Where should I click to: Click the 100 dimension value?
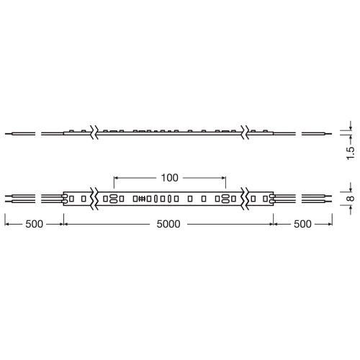tap(170, 177)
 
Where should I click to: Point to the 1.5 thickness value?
tap(350, 152)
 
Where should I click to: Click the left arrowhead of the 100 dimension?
tap(117, 177)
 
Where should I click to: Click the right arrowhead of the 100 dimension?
tap(224, 177)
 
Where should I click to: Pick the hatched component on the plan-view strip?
tap(142, 197)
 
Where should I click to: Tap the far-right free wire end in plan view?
tap(333, 197)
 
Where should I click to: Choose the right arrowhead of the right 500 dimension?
tap(332, 224)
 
